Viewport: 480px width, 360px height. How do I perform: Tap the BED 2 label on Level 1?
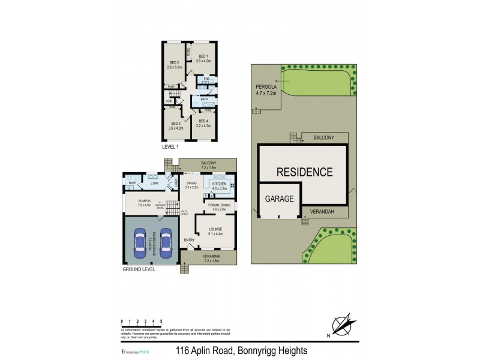pyautogui.click(x=175, y=63)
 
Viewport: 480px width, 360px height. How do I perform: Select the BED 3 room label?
pyautogui.click(x=175, y=124)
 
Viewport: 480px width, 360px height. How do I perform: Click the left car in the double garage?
pyautogui.click(x=140, y=244)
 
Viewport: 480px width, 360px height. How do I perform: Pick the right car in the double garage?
pyautogui.click(x=165, y=244)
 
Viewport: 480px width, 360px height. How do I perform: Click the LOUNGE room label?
pyautogui.click(x=215, y=229)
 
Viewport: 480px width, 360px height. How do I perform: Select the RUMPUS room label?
pyautogui.click(x=144, y=201)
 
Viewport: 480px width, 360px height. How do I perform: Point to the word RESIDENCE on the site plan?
pyautogui.click(x=304, y=172)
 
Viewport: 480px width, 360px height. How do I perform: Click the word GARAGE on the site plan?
pyautogui.click(x=280, y=199)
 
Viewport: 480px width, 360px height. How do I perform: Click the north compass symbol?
pyautogui.click(x=342, y=325)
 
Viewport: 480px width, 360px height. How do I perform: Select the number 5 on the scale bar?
pyautogui.click(x=161, y=322)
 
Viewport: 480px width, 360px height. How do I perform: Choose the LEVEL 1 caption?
pyautogui.click(x=171, y=146)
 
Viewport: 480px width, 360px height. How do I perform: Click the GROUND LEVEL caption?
pyautogui.click(x=139, y=269)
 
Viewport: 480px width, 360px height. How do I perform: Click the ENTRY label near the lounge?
pyautogui.click(x=189, y=241)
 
